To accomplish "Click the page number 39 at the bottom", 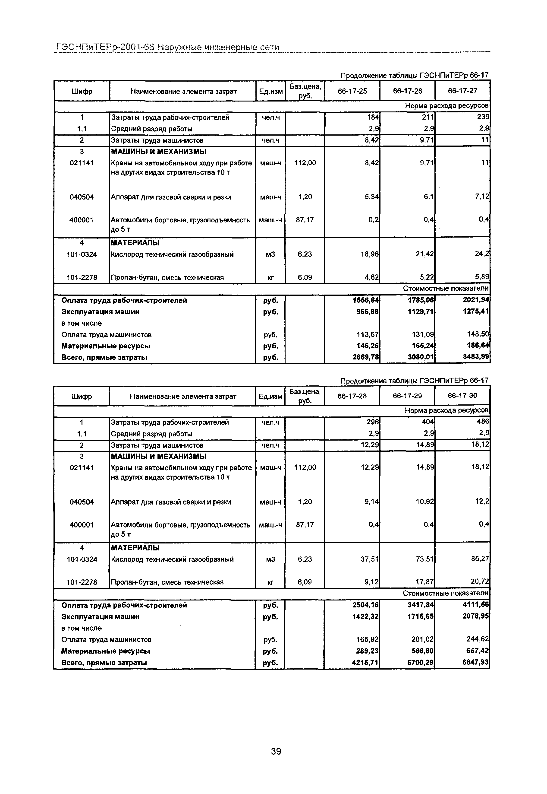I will pos(276,751).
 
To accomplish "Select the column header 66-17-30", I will pos(462,395).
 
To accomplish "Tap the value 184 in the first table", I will pos(373,117).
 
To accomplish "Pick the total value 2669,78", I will pos(366,357).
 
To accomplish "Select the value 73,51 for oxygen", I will pos(425,559).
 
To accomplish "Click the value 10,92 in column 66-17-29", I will pos(425,502).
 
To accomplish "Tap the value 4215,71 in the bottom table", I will pos(365,662).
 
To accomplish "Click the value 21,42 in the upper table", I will pos(425,254).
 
